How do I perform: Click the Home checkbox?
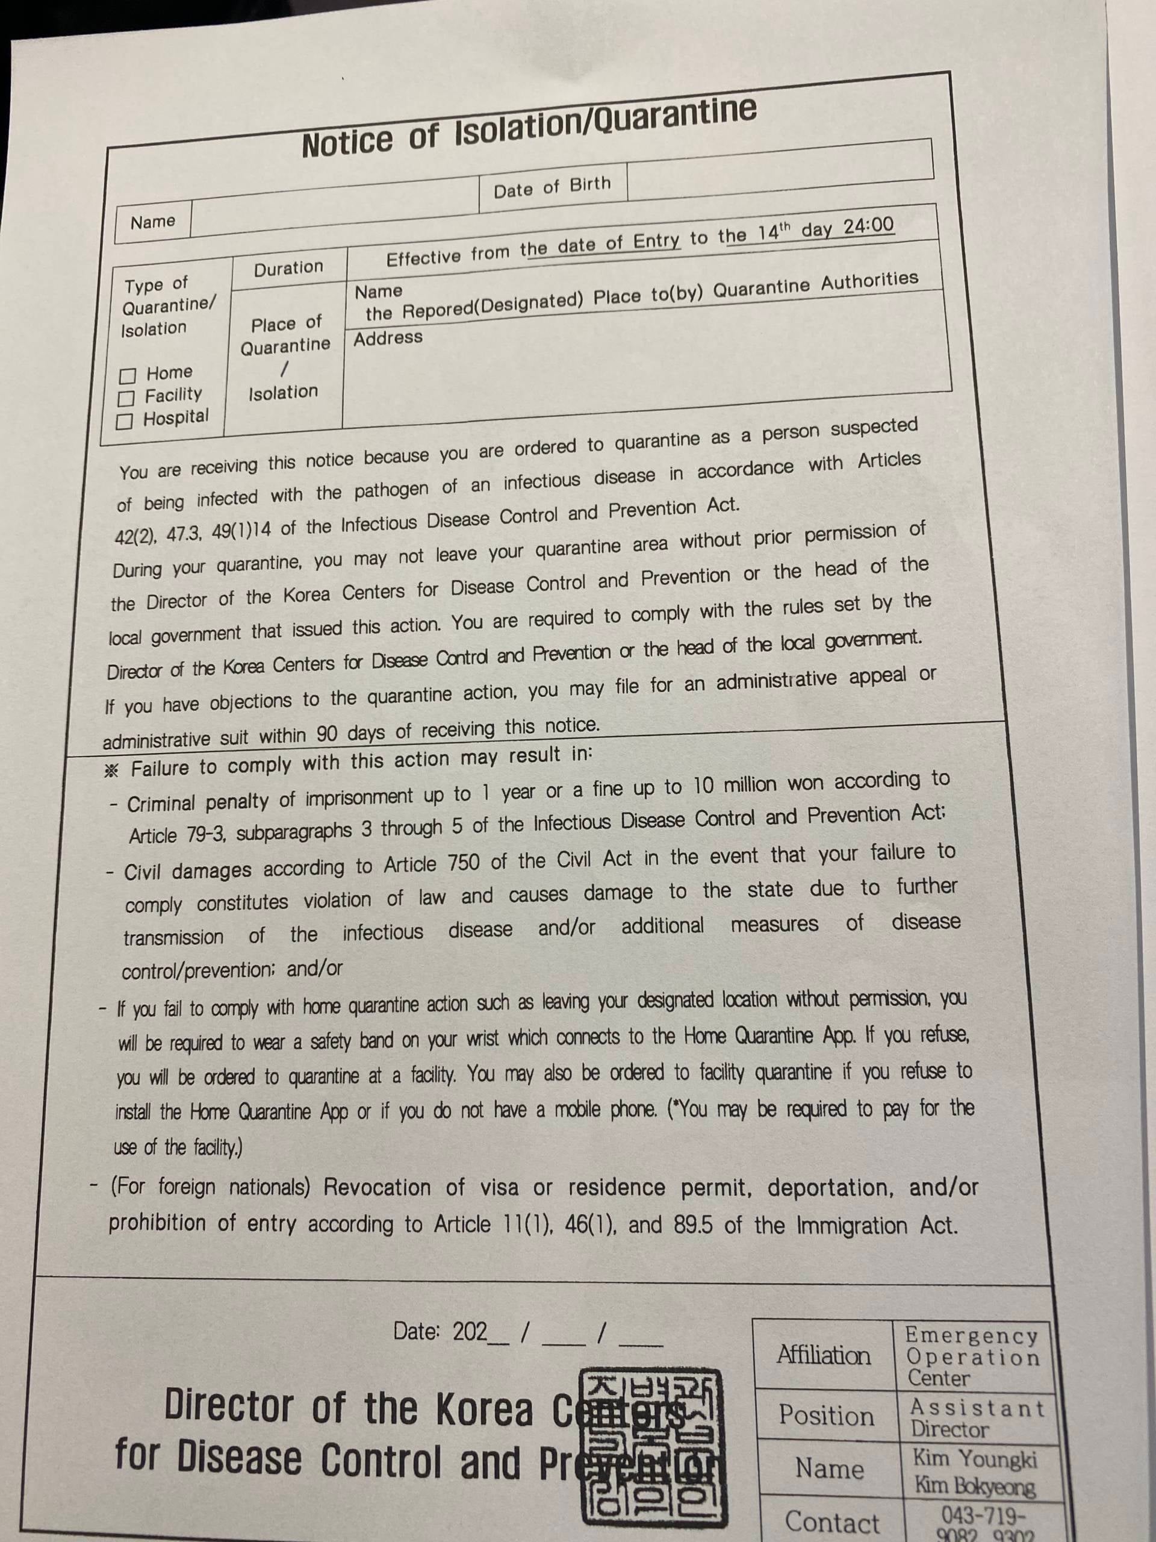click(x=128, y=376)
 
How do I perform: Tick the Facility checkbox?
click(x=126, y=398)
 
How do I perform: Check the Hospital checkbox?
click(x=125, y=421)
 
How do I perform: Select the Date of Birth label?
click(x=552, y=187)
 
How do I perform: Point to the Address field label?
click(x=388, y=339)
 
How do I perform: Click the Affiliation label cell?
click(x=824, y=1356)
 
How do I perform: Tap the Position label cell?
click(x=827, y=1415)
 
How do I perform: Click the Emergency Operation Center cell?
click(x=972, y=1356)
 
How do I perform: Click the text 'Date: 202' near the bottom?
click(x=440, y=1331)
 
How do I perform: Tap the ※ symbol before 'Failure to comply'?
click(x=111, y=770)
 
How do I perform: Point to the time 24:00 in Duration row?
click(x=868, y=226)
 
